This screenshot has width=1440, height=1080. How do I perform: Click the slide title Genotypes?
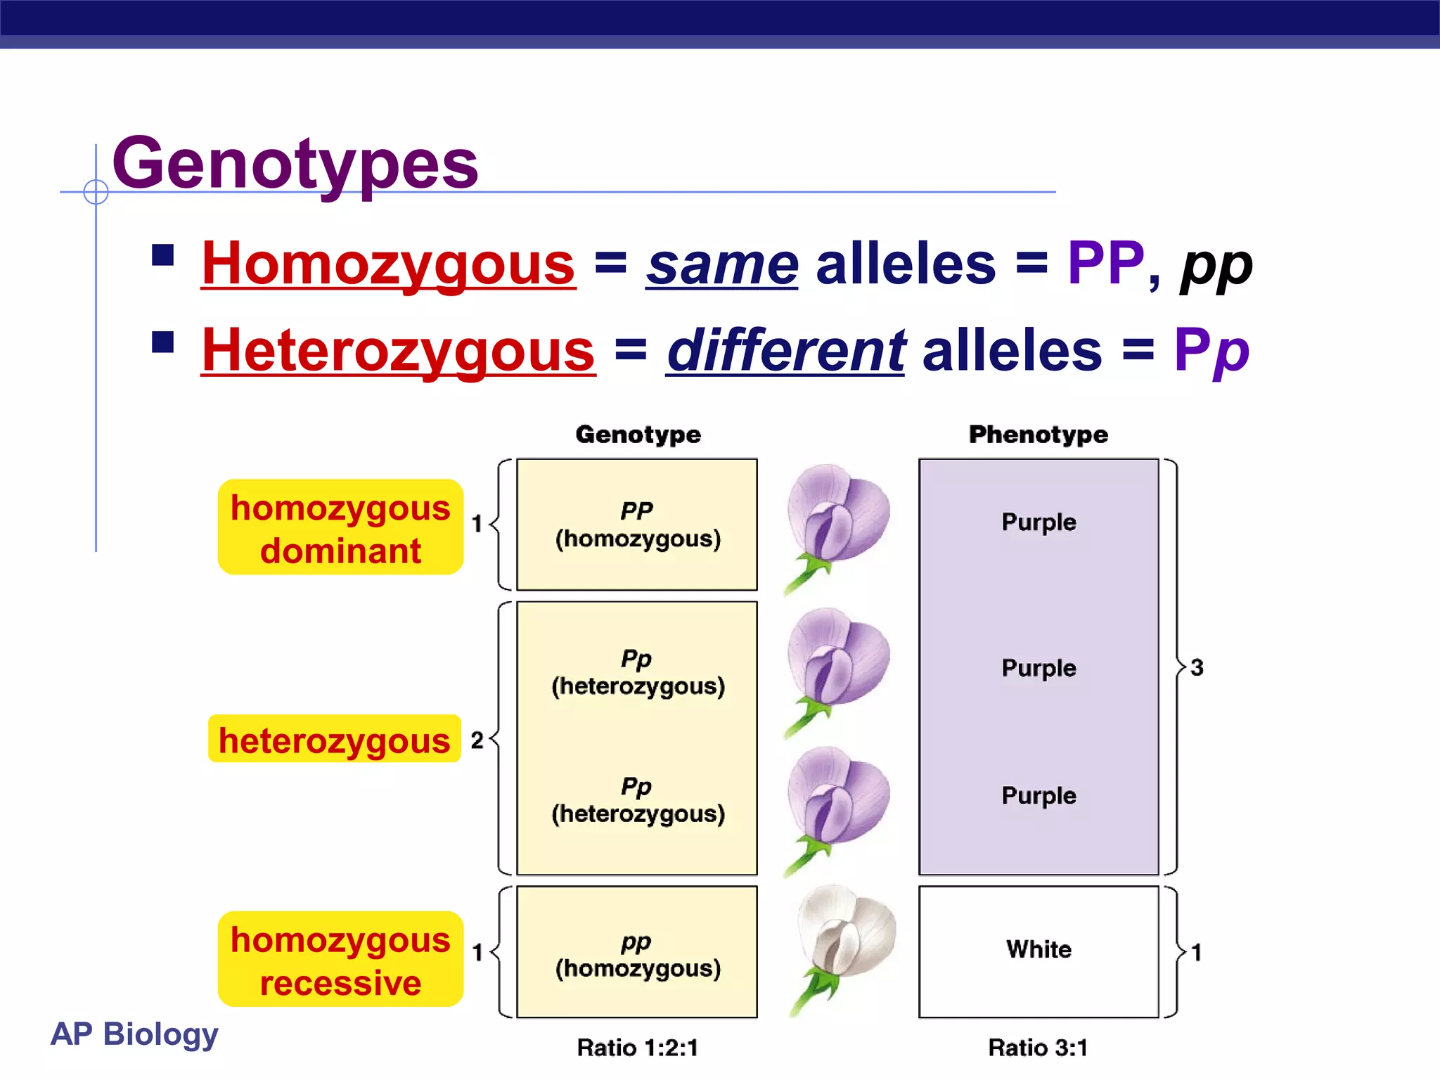pyautogui.click(x=295, y=165)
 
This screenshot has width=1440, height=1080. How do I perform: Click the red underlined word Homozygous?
pyautogui.click(x=388, y=264)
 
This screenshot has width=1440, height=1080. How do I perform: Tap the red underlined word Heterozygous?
pyautogui.click(x=398, y=351)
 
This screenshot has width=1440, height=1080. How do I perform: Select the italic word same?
pyautogui.click(x=722, y=264)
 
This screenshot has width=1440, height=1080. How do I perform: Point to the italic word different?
pyautogui.click(x=786, y=351)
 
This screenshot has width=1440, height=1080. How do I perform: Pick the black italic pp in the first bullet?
pyautogui.click(x=1216, y=266)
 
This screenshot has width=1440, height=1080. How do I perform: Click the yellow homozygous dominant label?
pyautogui.click(x=340, y=528)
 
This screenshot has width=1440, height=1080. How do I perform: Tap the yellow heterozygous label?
pyautogui.click(x=335, y=740)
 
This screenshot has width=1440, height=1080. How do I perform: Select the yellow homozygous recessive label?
pyautogui.click(x=340, y=960)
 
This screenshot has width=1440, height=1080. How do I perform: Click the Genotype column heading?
pyautogui.click(x=638, y=435)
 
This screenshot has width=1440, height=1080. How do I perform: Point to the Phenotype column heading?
pyautogui.click(x=1038, y=435)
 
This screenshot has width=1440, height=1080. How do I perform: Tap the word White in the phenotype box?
pyautogui.click(x=1039, y=949)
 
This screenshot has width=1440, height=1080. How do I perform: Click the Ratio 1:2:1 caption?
pyautogui.click(x=637, y=1048)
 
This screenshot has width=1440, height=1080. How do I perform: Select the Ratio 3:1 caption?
pyautogui.click(x=1038, y=1048)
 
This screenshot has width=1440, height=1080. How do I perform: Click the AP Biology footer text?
pyautogui.click(x=134, y=1034)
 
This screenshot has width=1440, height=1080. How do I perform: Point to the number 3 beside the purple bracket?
pyautogui.click(x=1197, y=667)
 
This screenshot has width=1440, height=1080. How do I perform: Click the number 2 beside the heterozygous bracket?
pyautogui.click(x=477, y=740)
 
